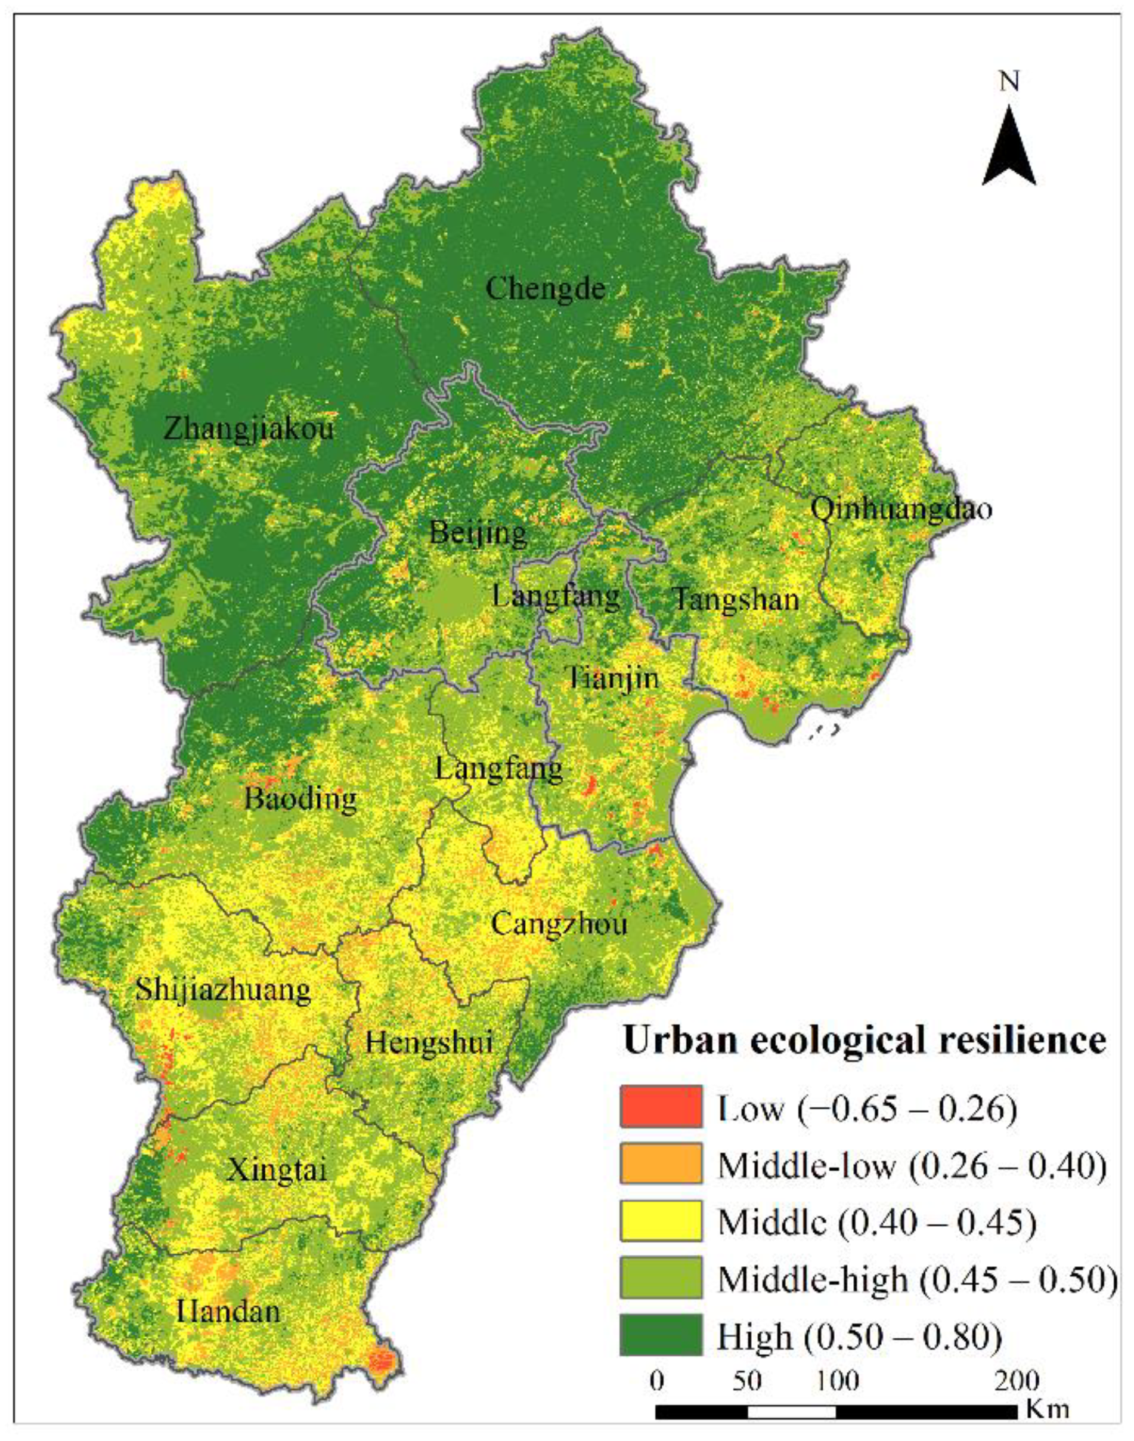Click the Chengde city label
[545, 289]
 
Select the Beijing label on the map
[478, 533]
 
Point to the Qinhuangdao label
[901, 510]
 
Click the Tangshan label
[736, 600]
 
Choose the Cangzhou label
[559, 924]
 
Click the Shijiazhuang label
[223, 991]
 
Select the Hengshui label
[429, 1042]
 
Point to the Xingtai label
[277, 1170]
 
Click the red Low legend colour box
[661, 1107]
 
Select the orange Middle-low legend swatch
[661, 1164]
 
